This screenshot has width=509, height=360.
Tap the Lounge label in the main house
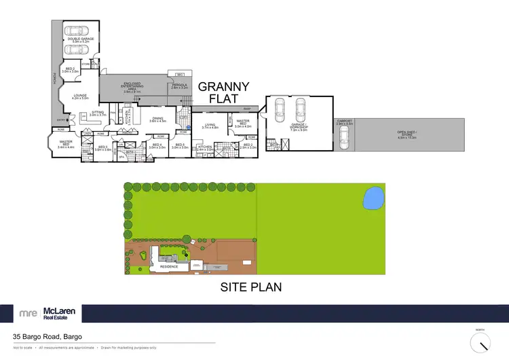coord(80,96)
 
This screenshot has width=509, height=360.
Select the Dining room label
coord(158,120)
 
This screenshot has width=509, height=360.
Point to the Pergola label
coord(179,86)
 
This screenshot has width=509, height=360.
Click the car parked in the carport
coord(344,139)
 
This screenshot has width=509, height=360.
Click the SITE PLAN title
coord(250,287)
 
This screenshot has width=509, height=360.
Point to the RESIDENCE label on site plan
coord(168,266)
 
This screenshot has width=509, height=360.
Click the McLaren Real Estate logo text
coord(59,313)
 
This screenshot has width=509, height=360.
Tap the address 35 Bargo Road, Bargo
coord(45,336)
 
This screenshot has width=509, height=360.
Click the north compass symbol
coord(480,340)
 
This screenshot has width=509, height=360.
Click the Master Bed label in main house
coord(65,144)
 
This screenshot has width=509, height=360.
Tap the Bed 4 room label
coord(157,145)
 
